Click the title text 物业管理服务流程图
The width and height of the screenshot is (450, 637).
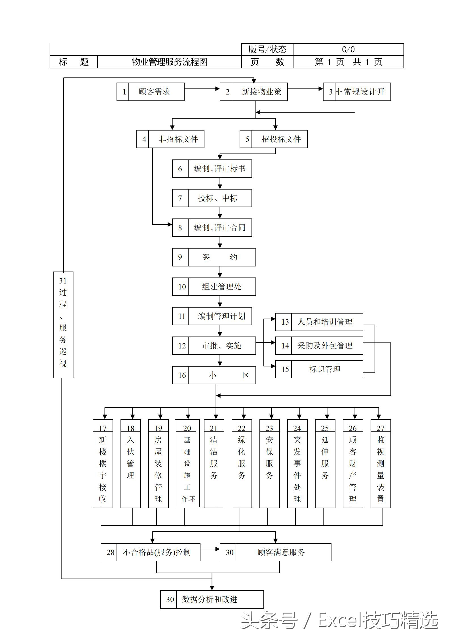coord(169,62)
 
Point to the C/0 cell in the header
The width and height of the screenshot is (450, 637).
coord(348,49)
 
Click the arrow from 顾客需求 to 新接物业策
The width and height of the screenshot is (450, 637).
coord(202,89)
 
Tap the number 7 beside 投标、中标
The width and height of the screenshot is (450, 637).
coord(180,198)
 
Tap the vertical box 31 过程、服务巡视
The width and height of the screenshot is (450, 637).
coord(63,325)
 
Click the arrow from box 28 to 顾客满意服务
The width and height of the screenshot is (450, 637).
coord(210,549)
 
